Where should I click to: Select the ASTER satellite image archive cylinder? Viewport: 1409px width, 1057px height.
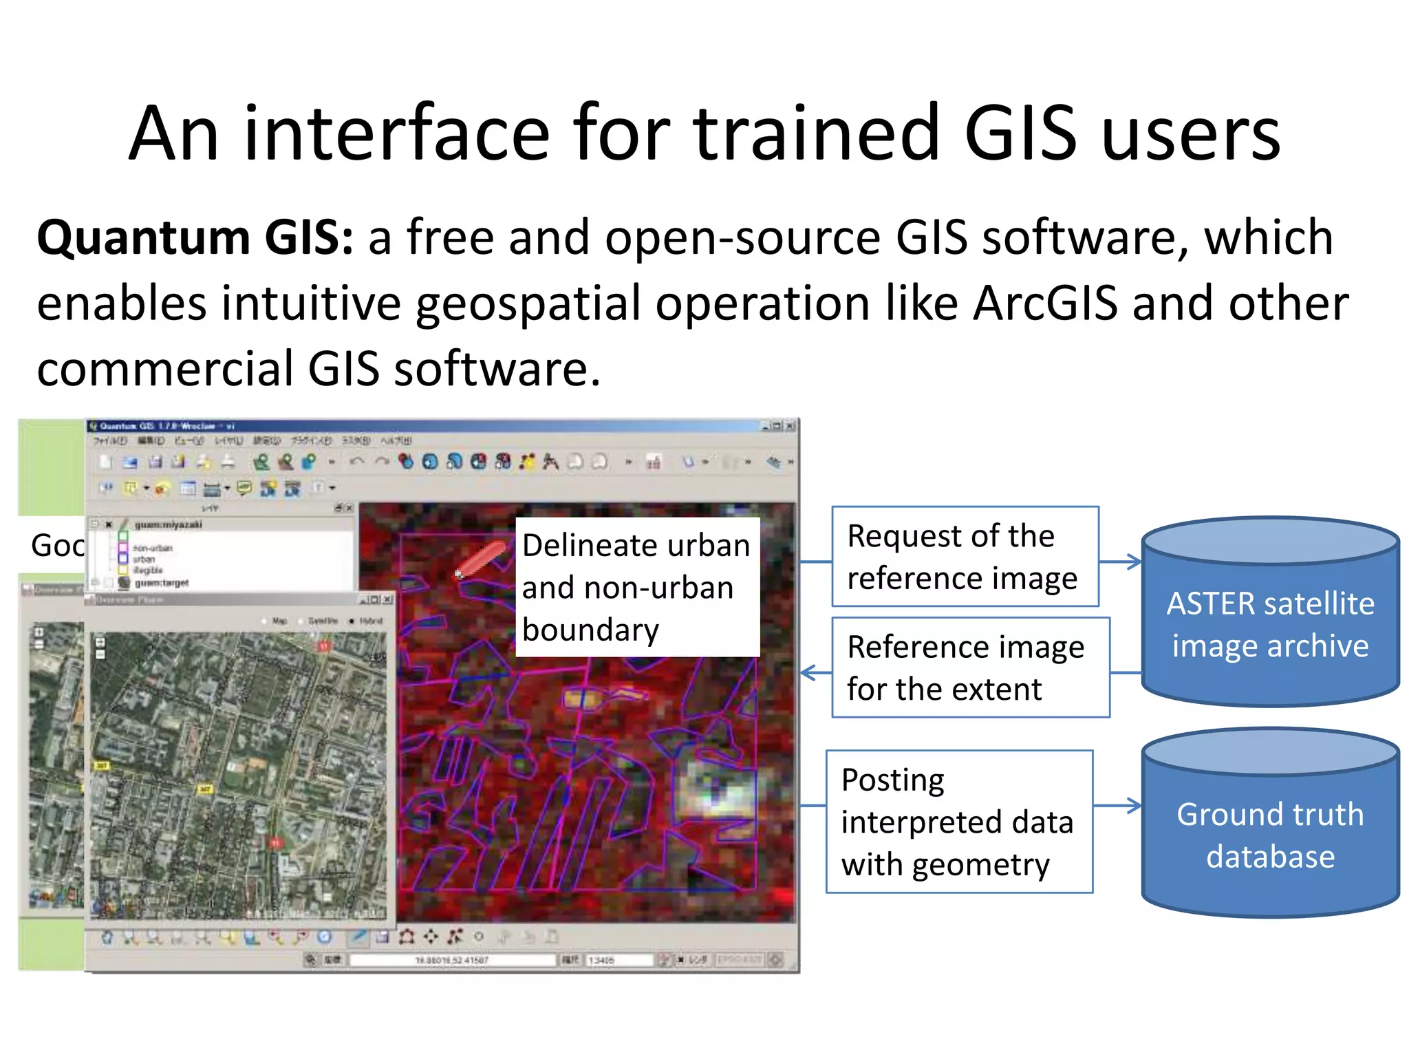pyautogui.click(x=1270, y=612)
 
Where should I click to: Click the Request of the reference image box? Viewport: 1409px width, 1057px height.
pyautogui.click(x=965, y=557)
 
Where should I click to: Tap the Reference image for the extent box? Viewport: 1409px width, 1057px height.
pyautogui.click(x=970, y=668)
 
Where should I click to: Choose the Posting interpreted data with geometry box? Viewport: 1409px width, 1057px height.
pyautogui.click(x=959, y=822)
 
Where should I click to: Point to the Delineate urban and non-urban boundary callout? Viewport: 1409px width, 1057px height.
pyautogui.click(x=637, y=587)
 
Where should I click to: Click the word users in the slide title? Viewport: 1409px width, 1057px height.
pyautogui.click(x=1190, y=134)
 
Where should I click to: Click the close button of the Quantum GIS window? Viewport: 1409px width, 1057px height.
pyautogui.click(x=790, y=426)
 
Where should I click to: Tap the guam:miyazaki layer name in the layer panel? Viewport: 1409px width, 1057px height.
pyautogui.click(x=169, y=524)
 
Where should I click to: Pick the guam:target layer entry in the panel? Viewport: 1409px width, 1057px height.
pyautogui.click(x=162, y=583)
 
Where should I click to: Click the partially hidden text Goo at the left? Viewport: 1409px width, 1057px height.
pyautogui.click(x=57, y=546)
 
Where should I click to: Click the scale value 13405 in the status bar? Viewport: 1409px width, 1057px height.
pyautogui.click(x=603, y=960)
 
